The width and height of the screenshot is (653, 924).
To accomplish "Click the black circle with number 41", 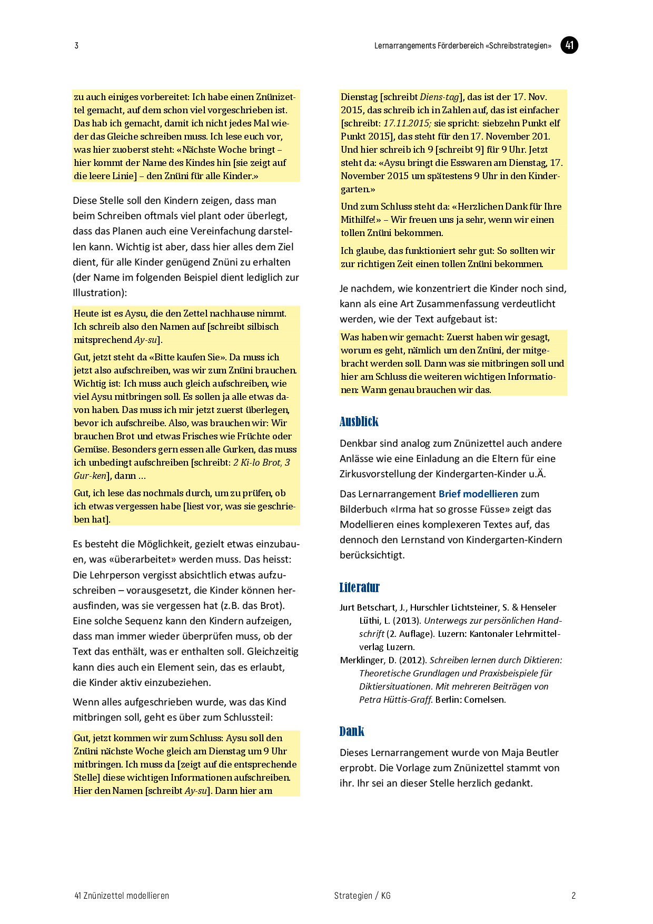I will click(569, 45).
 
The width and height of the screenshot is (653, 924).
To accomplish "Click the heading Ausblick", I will click(359, 421).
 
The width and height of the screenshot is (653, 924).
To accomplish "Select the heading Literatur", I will click(359, 587).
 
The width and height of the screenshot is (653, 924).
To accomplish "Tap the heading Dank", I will click(352, 731).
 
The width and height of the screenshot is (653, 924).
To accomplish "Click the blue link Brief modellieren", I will click(478, 494).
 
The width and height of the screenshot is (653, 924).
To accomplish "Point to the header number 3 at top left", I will click(76, 46).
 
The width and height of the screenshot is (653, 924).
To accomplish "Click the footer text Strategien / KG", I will click(362, 896).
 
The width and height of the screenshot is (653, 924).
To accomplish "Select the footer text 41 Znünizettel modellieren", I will click(122, 896).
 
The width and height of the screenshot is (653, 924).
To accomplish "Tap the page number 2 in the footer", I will click(573, 896).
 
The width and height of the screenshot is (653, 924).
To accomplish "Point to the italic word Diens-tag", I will click(439, 97).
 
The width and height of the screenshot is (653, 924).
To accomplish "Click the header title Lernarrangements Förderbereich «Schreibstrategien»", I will click(463, 46).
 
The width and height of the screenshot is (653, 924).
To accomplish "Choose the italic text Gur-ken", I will click(90, 476).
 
